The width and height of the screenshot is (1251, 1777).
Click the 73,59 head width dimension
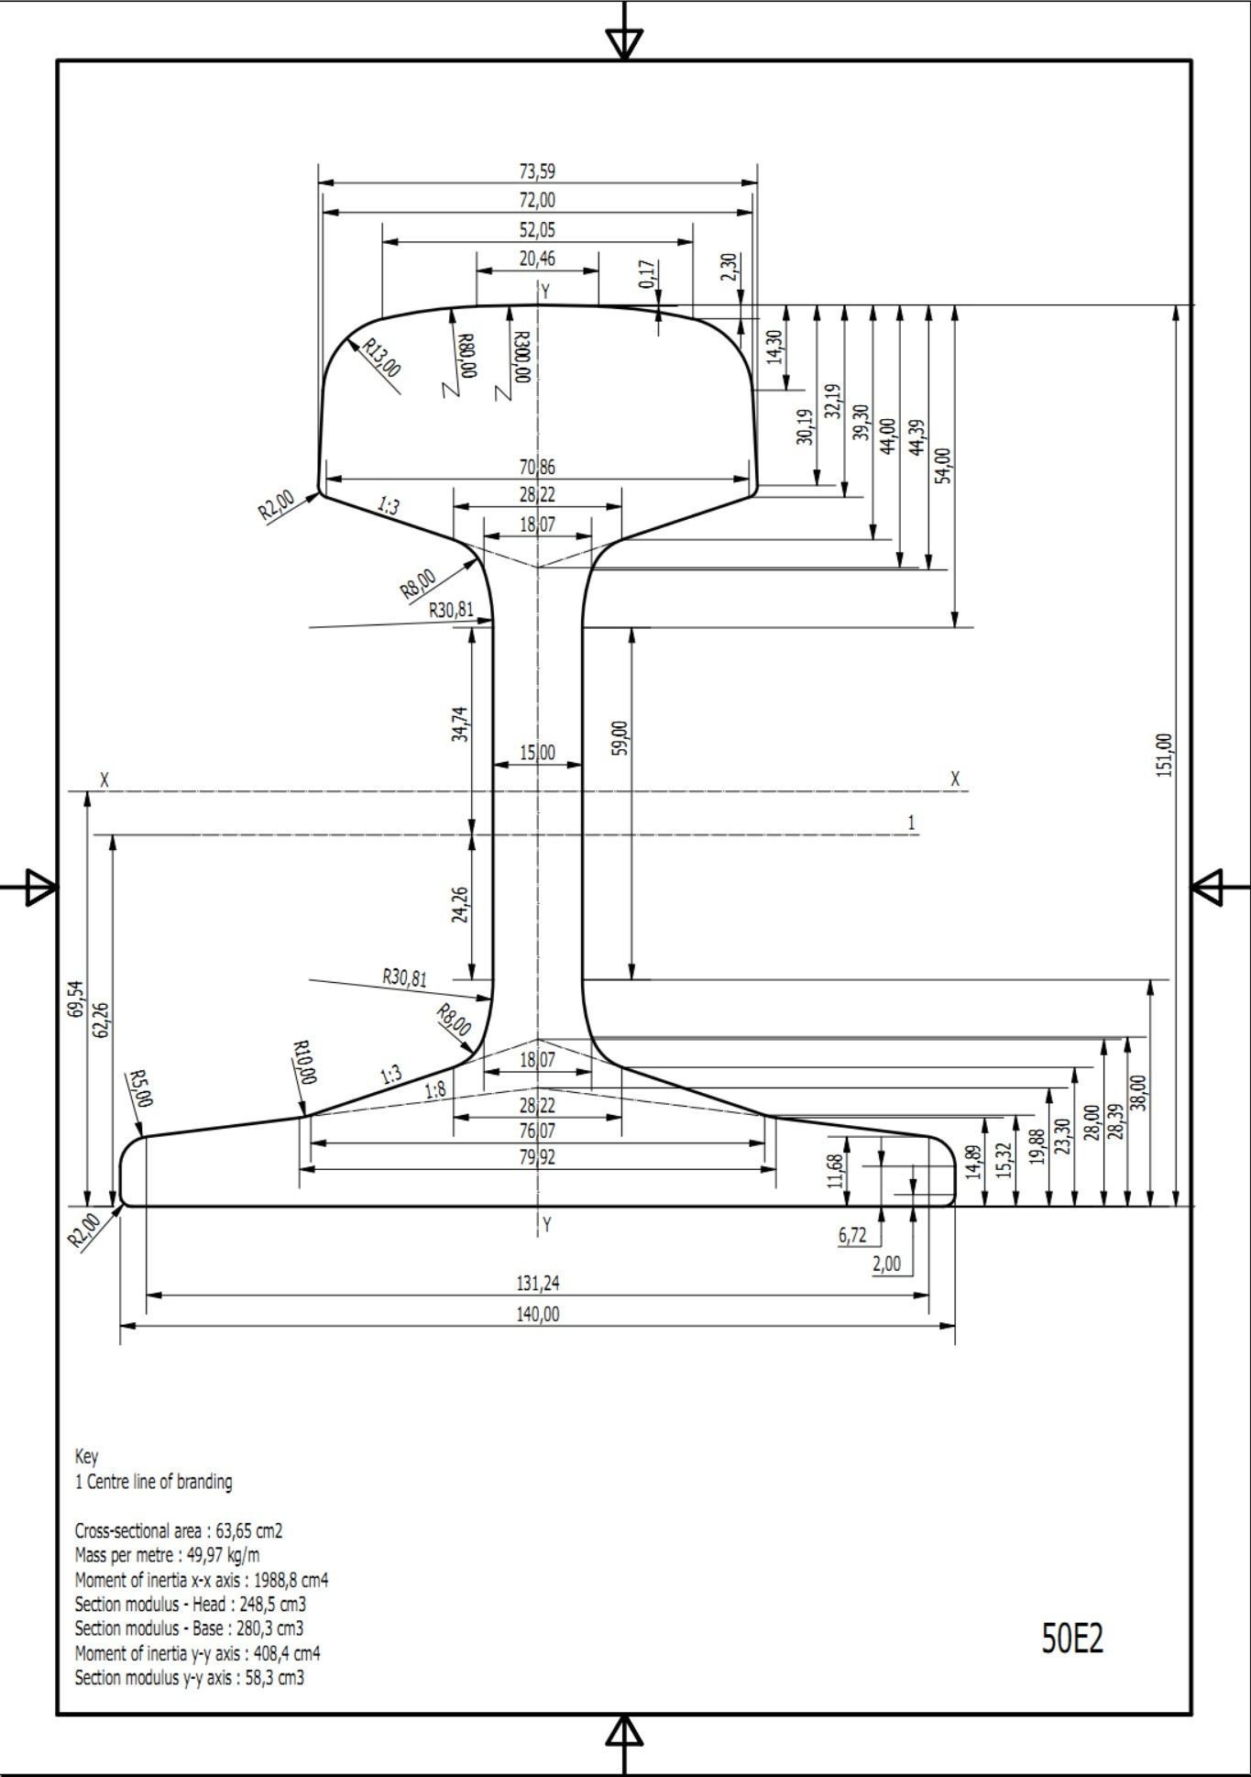tap(537, 171)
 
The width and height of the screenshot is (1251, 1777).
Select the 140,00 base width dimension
tap(537, 1314)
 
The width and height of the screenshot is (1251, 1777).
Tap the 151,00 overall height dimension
tap(1165, 755)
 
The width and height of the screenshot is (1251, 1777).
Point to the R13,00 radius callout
tap(381, 358)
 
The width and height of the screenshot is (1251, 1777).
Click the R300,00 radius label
tap(521, 357)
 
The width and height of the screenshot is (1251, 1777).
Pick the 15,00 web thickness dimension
tap(537, 753)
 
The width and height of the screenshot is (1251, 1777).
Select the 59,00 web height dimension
tap(620, 738)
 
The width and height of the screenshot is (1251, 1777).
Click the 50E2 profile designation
tap(1071, 1639)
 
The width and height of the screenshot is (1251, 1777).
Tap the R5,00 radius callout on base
tap(140, 1088)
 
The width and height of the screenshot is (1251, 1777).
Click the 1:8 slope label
tap(436, 1090)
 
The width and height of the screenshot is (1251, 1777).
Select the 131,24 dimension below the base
tap(537, 1283)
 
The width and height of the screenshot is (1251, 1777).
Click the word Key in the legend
tap(86, 1457)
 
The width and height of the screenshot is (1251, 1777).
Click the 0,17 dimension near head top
tap(647, 274)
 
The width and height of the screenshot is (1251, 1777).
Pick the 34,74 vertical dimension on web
tap(460, 723)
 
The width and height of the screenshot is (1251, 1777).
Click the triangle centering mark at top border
tap(624, 42)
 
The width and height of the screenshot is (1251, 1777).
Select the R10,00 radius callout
tap(304, 1063)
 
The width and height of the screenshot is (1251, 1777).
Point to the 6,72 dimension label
tap(851, 1235)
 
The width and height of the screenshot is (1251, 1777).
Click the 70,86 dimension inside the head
tap(537, 467)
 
